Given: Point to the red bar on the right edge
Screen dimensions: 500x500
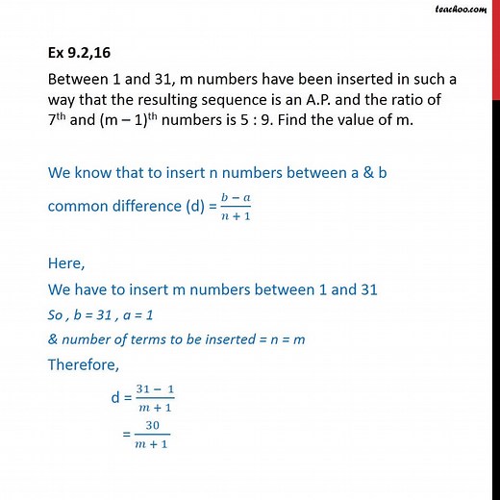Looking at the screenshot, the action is click(495, 48).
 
